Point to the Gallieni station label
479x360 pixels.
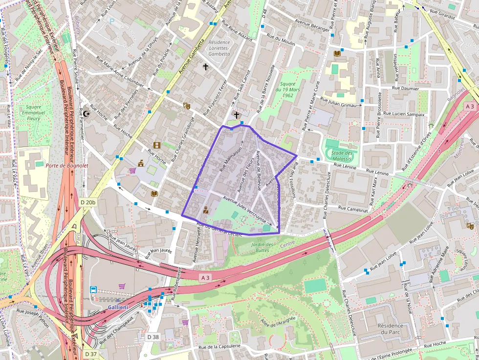118,307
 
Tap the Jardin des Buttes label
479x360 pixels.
263,247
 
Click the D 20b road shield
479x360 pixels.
88,202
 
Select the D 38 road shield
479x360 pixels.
153,337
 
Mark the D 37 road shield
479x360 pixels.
91,354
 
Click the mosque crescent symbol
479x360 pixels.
87,113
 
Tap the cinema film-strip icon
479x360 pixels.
156,145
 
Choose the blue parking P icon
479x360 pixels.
111,21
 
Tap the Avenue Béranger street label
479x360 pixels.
313,25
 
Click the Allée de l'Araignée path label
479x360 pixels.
279,322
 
